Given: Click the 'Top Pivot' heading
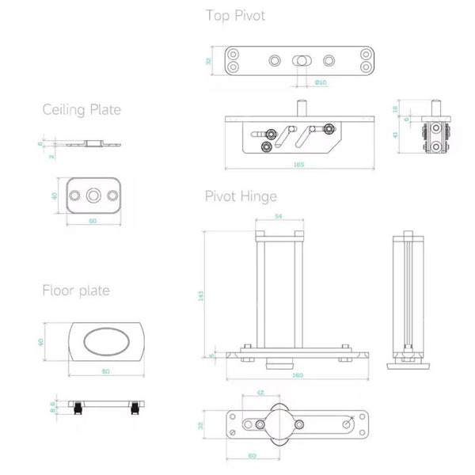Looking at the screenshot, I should point(235,15).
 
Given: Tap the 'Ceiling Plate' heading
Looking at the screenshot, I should point(82,109).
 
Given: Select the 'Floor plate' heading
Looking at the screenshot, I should point(76,291).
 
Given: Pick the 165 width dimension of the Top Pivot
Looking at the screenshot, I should point(298,165).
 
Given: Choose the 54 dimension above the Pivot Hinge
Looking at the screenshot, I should point(279,215).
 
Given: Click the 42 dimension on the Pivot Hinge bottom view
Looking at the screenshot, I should point(260,393).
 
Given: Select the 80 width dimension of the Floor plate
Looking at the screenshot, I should point(106,370).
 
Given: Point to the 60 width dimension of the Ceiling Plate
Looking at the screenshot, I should point(93,221).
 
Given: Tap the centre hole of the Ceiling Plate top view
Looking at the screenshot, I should point(93,195).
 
